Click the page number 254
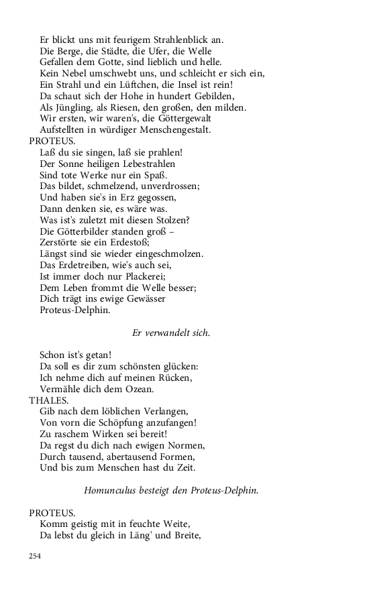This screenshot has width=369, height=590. click(x=34, y=556)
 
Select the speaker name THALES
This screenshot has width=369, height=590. click(x=44, y=400)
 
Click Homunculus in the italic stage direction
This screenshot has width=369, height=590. click(x=111, y=491)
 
